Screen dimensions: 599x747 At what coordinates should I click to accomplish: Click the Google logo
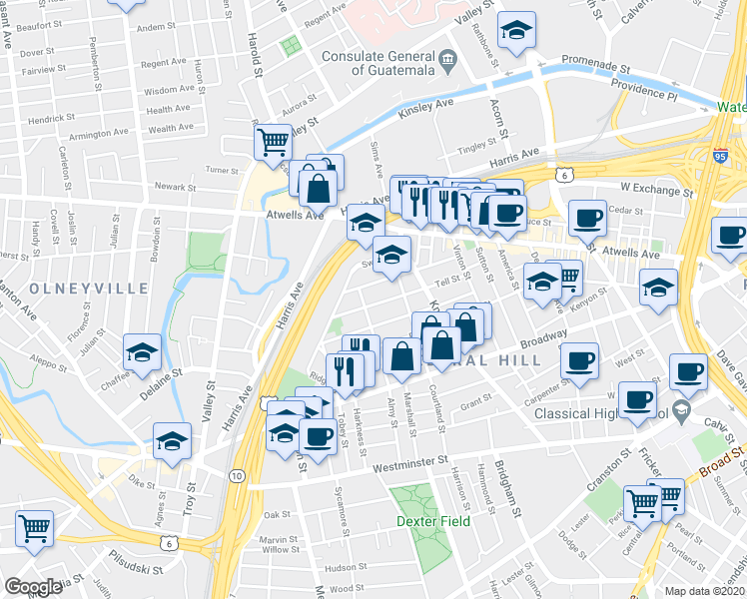pyautogui.click(x=32, y=587)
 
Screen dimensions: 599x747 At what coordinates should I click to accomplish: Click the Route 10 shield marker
pyautogui.click(x=238, y=476)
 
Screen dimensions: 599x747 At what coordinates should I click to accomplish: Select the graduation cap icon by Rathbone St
pyautogui.click(x=516, y=30)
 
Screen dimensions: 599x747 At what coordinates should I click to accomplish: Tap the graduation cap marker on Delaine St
pyautogui.click(x=143, y=352)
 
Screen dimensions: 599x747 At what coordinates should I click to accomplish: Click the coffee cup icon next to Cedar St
pyautogui.click(x=588, y=217)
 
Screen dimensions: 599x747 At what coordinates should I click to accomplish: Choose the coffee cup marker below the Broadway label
pyautogui.click(x=578, y=360)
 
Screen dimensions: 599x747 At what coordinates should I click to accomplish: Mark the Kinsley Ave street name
pyautogui.click(x=425, y=103)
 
